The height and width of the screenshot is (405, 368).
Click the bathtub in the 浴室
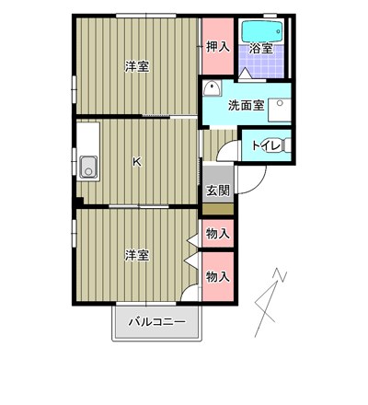pyautogui.click(x=263, y=31)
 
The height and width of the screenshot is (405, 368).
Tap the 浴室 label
pyautogui.click(x=261, y=49)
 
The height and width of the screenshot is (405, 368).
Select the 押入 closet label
pyautogui.click(x=218, y=47)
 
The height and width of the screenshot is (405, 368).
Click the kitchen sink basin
pyautogui.click(x=88, y=168)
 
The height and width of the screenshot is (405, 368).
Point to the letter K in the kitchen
pyautogui.click(x=137, y=161)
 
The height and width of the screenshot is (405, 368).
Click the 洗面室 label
pyautogui.click(x=247, y=105)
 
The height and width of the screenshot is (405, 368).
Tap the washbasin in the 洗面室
pyautogui.click(x=212, y=89)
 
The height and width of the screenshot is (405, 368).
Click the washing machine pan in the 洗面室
pyautogui.click(x=280, y=110)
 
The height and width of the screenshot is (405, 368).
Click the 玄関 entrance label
pyautogui.click(x=218, y=191)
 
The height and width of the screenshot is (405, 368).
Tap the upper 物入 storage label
pyautogui.click(x=218, y=234)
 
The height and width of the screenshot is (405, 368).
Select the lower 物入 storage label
pyautogui.click(x=218, y=277)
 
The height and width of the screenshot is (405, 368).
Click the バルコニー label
pyautogui.click(x=157, y=322)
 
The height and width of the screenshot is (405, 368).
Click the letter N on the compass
pyautogui.click(x=282, y=275)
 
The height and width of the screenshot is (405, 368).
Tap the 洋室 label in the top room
pyautogui.click(x=137, y=66)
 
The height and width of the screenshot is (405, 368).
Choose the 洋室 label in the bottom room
pyautogui.click(x=137, y=255)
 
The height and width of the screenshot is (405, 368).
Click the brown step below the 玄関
pyautogui.click(x=218, y=209)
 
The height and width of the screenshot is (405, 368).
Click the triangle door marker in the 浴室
pyautogui.click(x=245, y=74)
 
